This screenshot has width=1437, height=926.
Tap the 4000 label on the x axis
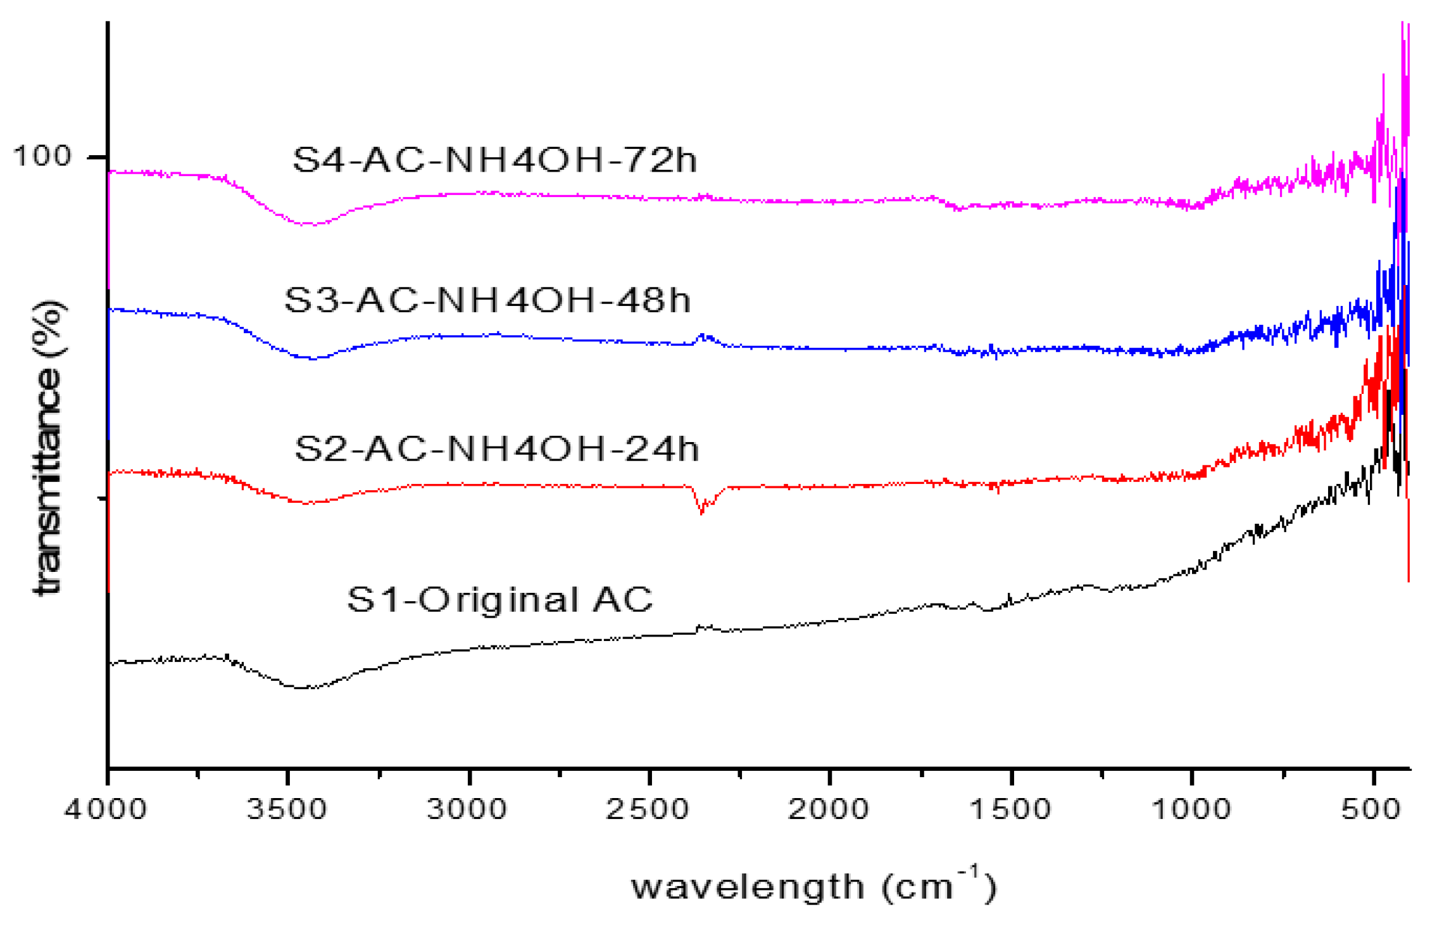106,809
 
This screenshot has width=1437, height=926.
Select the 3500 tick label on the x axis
287,809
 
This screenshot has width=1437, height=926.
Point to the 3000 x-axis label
467,809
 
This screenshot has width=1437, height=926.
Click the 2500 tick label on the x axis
648,809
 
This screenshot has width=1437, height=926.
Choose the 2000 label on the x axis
829,809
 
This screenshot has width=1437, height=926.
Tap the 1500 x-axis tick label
1010,809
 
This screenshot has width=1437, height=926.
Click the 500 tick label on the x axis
1371,809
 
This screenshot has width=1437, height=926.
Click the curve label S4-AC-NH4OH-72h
494,159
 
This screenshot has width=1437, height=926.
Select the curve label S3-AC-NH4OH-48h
487,300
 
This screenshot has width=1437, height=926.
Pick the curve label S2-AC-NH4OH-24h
497,448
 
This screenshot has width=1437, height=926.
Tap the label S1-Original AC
499,599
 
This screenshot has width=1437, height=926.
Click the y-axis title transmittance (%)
47,447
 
